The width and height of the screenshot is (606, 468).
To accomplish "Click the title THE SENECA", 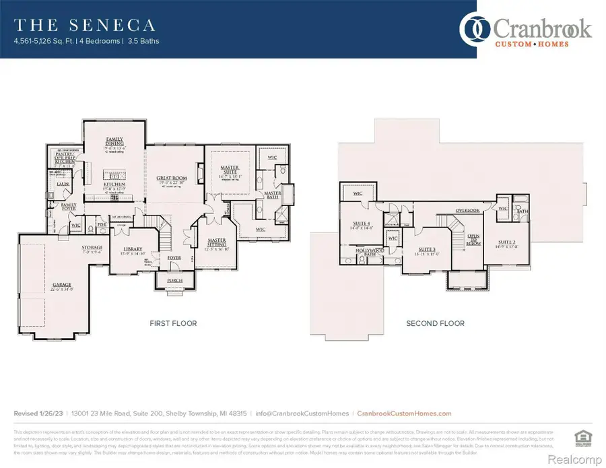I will pyautogui.click(x=85, y=26).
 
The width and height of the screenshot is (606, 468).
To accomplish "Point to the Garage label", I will pyautogui.click(x=62, y=285).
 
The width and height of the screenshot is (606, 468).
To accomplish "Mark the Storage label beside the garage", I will pyautogui.click(x=93, y=248).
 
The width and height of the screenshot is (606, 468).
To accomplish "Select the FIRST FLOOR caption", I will pyautogui.click(x=173, y=324).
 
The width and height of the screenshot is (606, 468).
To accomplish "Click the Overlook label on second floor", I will pyautogui.click(x=467, y=211).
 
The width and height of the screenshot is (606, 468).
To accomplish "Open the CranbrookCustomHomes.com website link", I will pyautogui.click(x=404, y=413).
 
